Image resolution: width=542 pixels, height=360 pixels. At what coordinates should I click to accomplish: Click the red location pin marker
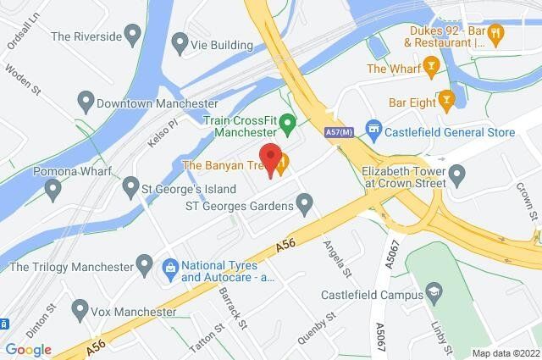tap(271, 159)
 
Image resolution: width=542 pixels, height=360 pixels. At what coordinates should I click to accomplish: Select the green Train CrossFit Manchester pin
tap(287, 125)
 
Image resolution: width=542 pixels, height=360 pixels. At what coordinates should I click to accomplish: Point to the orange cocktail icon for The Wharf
tap(432, 67)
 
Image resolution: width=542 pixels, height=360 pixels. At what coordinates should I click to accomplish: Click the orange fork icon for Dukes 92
tap(497, 33)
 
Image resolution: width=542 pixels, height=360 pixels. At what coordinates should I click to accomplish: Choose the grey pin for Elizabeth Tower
tap(458, 177)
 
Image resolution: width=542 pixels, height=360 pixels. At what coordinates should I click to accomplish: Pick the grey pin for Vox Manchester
tap(80, 308)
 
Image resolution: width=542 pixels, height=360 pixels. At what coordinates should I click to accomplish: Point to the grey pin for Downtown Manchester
tap(83, 104)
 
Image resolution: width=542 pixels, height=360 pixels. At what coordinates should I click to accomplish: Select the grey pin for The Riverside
tap(131, 36)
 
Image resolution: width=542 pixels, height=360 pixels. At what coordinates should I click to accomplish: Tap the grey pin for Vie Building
tap(180, 42)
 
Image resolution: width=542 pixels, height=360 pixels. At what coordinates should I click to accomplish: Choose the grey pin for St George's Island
tap(130, 184)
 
